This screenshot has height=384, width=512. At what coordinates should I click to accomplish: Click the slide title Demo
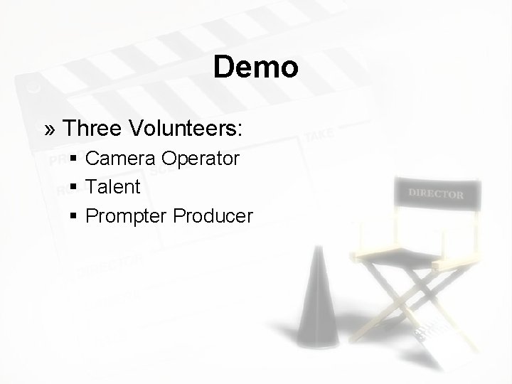tap(255, 68)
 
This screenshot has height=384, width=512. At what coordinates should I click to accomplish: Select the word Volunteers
tap(183, 129)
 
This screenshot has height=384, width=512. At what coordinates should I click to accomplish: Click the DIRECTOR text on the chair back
tap(436, 194)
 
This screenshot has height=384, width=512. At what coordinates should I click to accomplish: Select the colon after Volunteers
tap(240, 130)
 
